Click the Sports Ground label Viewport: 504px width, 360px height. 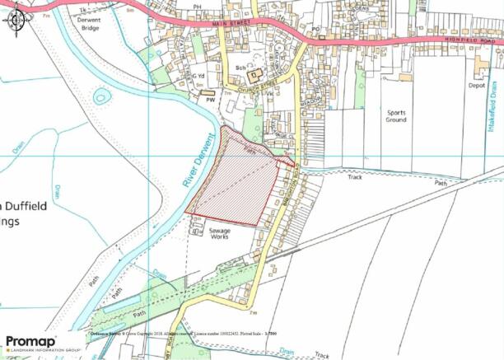(x=396, y=115)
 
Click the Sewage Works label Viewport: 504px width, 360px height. (x=219, y=235)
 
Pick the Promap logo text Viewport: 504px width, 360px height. (x=31, y=340)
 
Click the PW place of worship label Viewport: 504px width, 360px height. (x=198, y=100)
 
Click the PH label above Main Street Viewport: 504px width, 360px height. (x=197, y=7)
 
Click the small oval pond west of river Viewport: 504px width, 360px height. (x=101, y=96)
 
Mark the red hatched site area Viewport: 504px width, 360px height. (x=235, y=181)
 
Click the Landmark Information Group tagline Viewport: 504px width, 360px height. (x=45, y=349)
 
